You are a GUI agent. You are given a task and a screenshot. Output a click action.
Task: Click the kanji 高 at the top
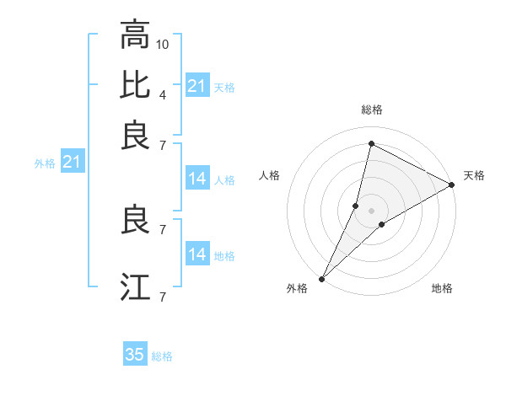135,36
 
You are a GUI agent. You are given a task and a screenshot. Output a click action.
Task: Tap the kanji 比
135,86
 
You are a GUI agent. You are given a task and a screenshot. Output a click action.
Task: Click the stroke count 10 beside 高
163,43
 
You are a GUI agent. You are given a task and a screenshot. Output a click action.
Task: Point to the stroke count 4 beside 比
162,94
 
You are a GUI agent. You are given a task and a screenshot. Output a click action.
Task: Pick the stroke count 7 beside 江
162,297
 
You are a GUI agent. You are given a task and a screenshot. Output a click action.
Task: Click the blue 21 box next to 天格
197,86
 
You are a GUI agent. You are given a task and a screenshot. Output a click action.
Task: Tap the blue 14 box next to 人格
197,179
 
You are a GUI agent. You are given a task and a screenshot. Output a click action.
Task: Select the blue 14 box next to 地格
197,254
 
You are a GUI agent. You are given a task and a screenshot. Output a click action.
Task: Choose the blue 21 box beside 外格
72,162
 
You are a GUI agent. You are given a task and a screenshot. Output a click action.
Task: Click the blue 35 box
135,355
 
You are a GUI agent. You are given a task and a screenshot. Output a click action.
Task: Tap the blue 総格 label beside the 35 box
162,356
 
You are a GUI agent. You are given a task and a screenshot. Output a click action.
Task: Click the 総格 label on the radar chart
372,110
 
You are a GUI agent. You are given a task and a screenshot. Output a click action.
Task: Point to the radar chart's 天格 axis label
474,175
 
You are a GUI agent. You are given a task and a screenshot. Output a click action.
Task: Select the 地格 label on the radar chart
442,288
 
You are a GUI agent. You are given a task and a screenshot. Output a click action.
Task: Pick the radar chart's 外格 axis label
297,288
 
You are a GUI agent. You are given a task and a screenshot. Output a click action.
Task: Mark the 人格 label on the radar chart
270,175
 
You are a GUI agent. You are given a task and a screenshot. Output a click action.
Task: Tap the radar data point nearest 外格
321,278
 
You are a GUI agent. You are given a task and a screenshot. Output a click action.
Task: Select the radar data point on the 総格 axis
370,143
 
